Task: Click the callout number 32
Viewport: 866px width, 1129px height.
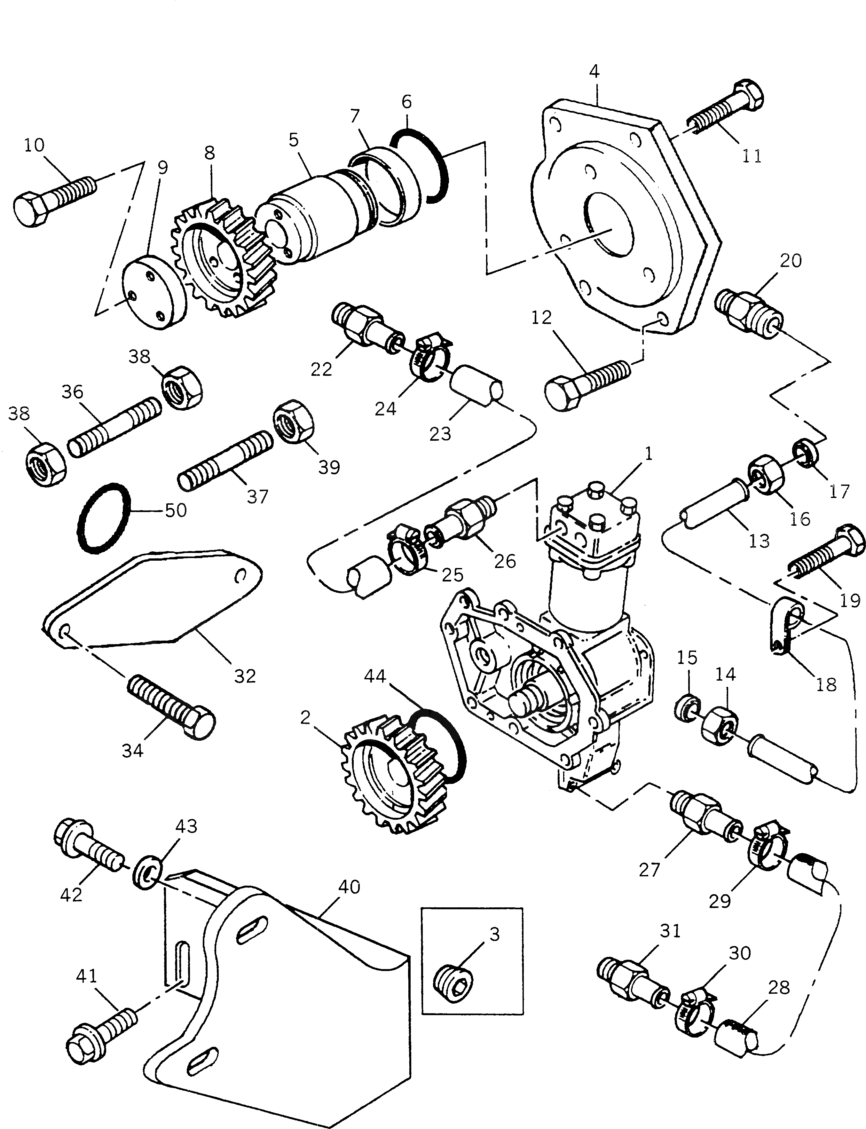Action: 245,676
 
